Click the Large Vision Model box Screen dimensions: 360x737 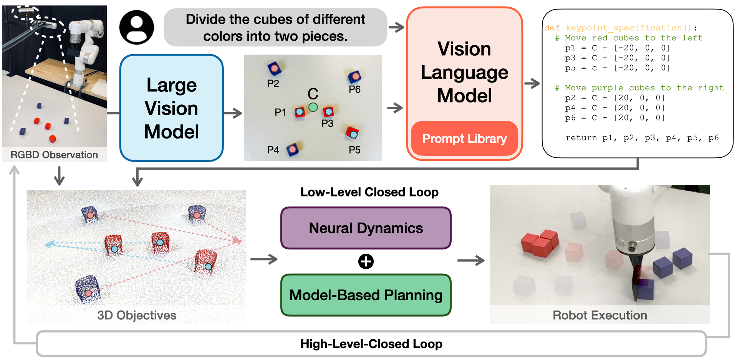171,108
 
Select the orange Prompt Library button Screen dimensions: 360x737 464,139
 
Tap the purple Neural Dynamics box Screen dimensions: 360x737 366,228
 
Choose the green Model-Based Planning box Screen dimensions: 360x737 366,295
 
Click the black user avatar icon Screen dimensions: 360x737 137,27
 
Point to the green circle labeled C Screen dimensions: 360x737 313,107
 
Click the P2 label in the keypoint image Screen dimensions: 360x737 273,84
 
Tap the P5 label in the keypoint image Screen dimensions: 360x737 354,150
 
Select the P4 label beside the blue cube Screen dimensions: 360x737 273,150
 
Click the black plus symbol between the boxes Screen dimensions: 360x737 366,262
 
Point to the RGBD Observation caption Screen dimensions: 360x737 54,155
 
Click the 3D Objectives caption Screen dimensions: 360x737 137,315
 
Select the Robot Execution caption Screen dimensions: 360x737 600,315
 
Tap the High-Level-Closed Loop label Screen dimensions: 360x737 371,344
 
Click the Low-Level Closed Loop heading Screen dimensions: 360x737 369,192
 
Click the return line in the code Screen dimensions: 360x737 642,138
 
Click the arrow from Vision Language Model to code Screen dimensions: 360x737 532,83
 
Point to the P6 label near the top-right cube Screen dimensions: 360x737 354,89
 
